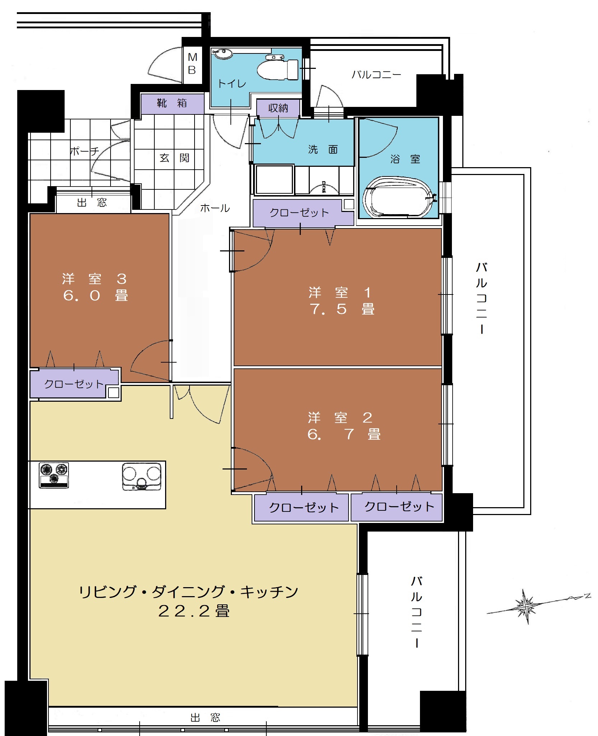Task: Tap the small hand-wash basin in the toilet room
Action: tap(223, 53)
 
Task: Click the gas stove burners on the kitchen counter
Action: tap(54, 475)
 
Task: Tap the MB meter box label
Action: tap(192, 63)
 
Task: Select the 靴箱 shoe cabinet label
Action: tap(172, 103)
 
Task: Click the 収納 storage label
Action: tap(278, 108)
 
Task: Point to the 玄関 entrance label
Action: tap(174, 158)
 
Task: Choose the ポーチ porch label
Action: tap(84, 151)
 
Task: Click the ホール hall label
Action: tap(215, 208)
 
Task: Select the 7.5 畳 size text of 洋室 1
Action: tap(342, 309)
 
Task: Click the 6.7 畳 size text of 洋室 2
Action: tap(344, 434)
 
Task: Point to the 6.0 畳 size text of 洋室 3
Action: tap(95, 296)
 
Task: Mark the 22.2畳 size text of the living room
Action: tap(193, 611)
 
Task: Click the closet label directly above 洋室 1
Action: tap(299, 213)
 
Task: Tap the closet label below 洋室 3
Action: tap(74, 384)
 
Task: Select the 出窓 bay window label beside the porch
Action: tap(92, 203)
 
